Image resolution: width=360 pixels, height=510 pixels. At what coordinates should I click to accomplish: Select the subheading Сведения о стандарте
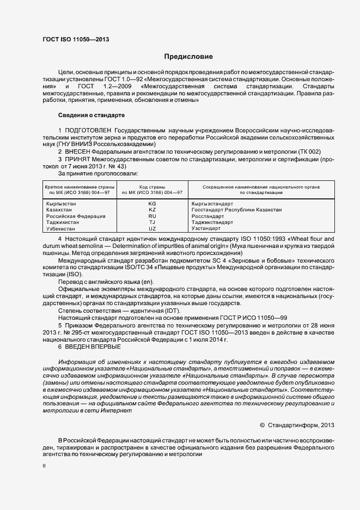[91, 115]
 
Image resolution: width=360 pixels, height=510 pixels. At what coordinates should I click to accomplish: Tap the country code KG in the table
[152, 203]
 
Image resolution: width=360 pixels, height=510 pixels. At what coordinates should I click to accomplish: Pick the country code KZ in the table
[152, 210]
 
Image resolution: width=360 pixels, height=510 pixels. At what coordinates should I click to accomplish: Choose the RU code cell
[152, 216]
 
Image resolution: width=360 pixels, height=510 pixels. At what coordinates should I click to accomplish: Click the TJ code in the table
[152, 223]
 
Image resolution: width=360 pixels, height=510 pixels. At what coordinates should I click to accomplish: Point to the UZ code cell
[152, 229]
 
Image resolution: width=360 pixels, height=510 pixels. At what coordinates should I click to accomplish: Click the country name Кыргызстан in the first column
[62, 203]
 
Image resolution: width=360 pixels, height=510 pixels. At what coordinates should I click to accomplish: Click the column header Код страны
[152, 187]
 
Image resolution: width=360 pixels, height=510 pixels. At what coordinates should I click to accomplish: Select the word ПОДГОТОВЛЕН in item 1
[88, 131]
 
